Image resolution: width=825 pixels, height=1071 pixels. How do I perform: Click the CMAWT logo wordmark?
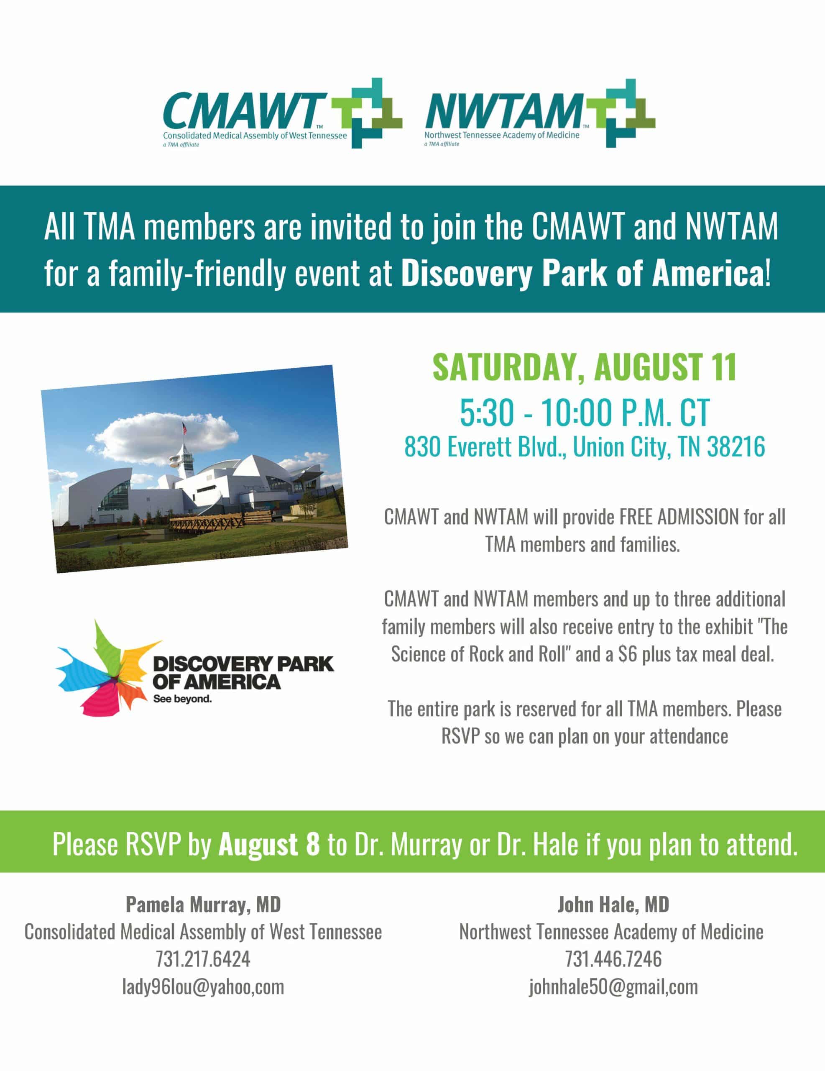point(244,111)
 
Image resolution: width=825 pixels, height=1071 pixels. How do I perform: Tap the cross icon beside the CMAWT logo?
point(367,113)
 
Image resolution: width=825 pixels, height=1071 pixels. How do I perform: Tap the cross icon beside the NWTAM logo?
point(621,113)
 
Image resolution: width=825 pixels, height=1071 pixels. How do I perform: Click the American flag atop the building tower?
point(184,428)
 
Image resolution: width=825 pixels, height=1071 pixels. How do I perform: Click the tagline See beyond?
point(182,699)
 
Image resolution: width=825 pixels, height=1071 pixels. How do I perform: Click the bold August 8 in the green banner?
point(269,844)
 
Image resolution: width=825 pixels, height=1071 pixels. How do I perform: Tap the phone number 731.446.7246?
point(613,959)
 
